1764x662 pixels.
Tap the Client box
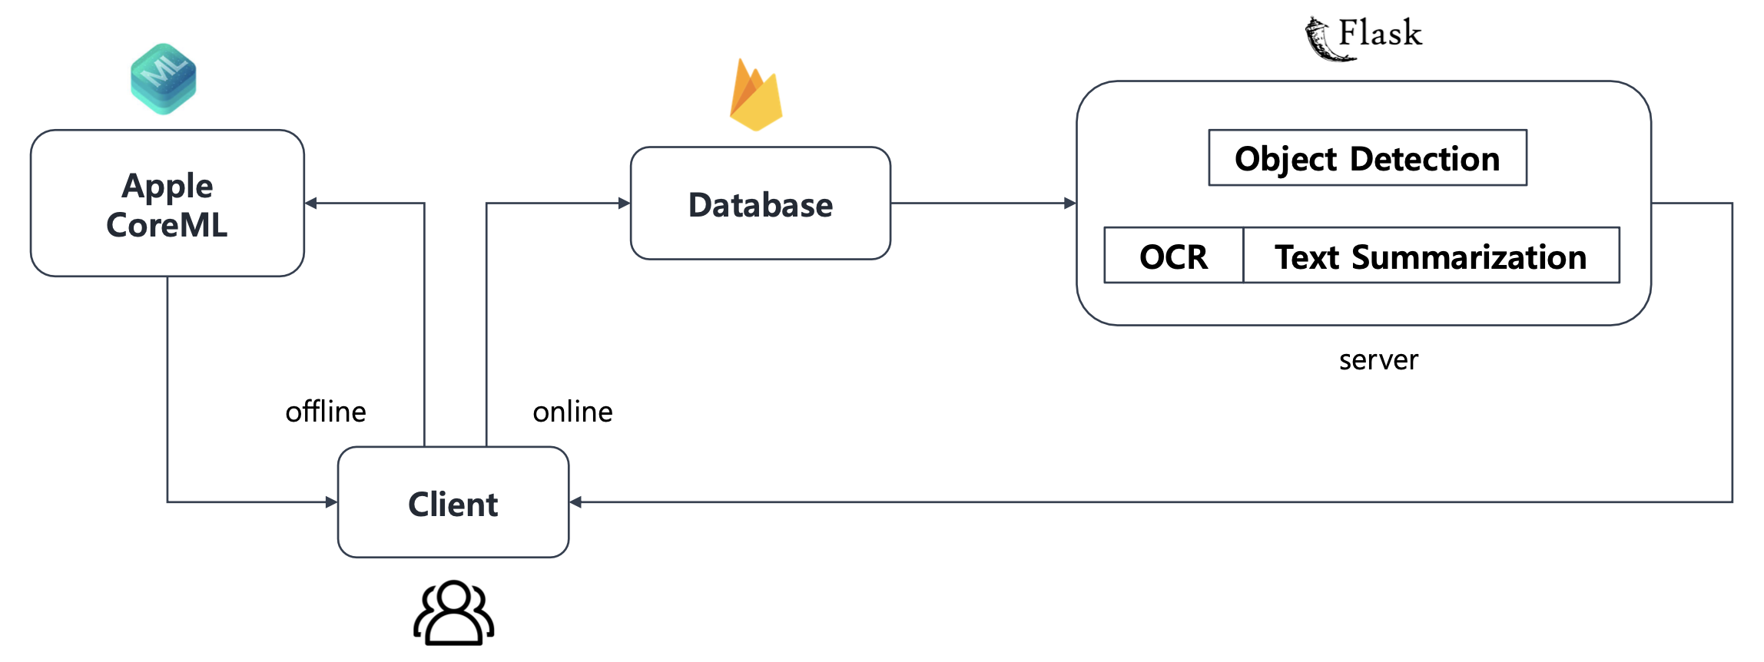(453, 504)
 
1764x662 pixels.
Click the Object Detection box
(1367, 158)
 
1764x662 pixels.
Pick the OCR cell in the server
(1172, 257)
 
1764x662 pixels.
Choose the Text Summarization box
(1430, 257)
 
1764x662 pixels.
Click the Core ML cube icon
(163, 79)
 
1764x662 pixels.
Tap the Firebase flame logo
(756, 96)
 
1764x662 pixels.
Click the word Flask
(1380, 33)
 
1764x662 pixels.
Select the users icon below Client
(453, 614)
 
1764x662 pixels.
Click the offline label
(326, 412)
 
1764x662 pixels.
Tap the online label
(572, 412)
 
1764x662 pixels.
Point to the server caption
(1378, 360)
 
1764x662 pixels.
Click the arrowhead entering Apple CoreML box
(311, 204)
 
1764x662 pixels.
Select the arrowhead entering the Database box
(624, 204)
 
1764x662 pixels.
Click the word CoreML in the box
(167, 226)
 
